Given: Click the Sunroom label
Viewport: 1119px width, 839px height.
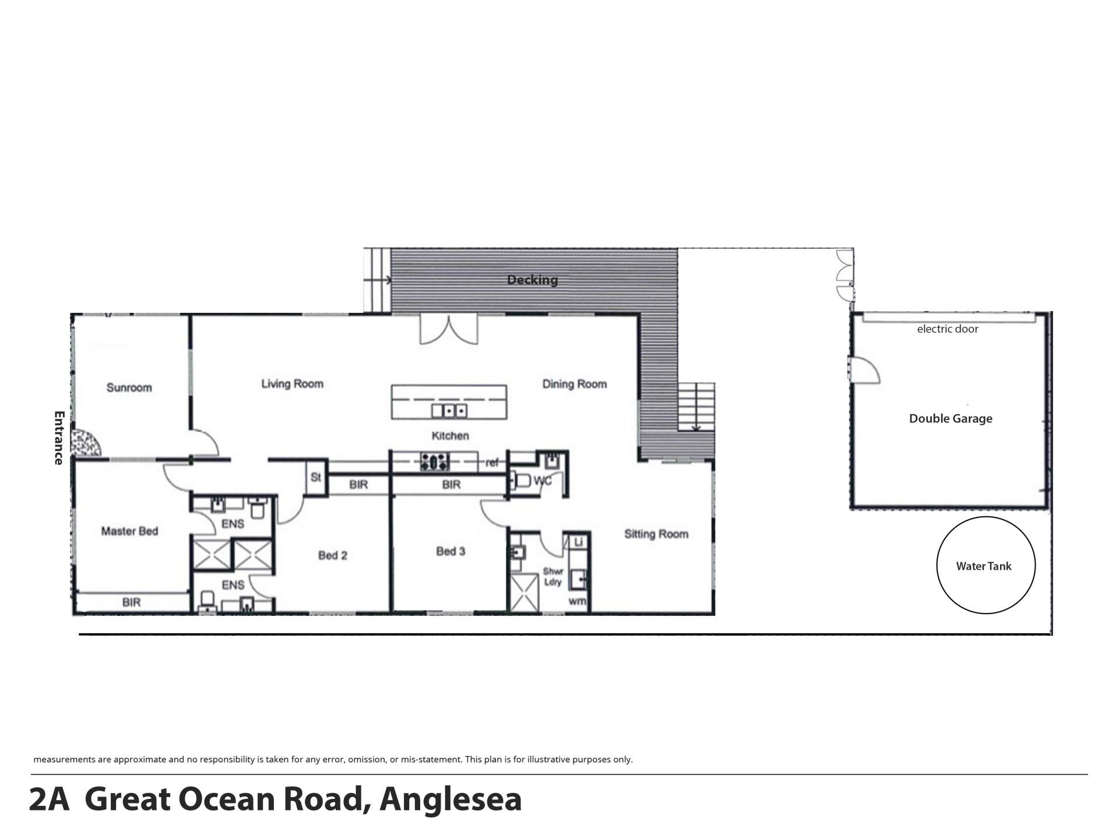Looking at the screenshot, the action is [129, 387].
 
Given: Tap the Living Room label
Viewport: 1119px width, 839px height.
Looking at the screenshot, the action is [292, 383].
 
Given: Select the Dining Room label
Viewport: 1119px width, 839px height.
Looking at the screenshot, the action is [575, 384].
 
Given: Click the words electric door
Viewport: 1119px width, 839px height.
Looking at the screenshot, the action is [948, 329].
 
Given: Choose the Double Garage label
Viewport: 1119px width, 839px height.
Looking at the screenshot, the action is [951, 418].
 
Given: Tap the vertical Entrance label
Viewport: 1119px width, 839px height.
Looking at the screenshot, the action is [58, 438].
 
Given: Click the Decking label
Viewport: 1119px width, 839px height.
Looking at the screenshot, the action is [532, 280].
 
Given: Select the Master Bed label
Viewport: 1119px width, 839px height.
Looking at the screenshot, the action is [129, 531].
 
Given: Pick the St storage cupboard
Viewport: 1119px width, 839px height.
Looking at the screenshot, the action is [316, 478].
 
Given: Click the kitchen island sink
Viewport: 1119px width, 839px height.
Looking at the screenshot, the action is [449, 411].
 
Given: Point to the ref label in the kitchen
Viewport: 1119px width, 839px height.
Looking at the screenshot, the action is [492, 463].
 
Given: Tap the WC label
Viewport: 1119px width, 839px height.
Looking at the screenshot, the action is [543, 481].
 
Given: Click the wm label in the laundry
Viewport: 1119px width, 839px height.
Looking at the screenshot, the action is [577, 601].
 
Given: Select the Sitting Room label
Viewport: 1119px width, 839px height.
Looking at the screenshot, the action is [656, 534].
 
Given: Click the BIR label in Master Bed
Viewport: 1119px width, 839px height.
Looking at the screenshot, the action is [131, 602].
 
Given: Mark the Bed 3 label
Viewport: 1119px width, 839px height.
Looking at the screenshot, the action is [451, 551].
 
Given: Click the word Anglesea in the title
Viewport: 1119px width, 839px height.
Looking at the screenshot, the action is [451, 800].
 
